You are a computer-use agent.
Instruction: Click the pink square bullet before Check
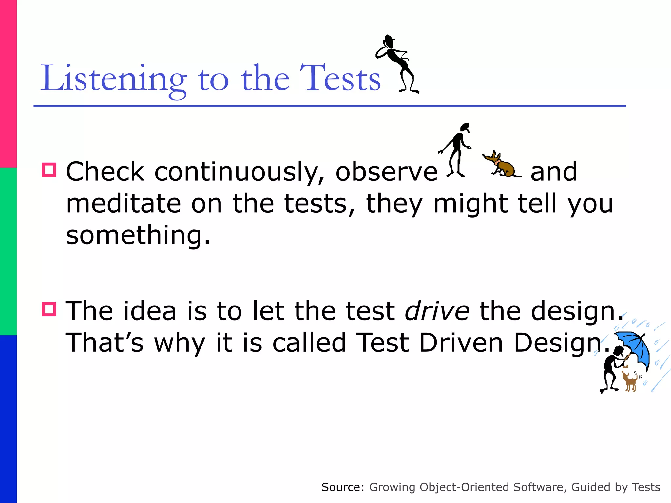[x=49, y=170]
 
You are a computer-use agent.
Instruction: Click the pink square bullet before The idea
[x=49, y=309]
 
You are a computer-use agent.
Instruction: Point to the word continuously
[x=239, y=172]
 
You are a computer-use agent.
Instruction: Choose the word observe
[x=386, y=172]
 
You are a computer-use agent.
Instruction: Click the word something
[x=138, y=235]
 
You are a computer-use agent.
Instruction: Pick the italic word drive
[x=437, y=311]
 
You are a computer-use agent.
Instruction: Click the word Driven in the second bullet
[x=461, y=343]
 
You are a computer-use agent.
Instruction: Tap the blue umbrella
[x=634, y=347]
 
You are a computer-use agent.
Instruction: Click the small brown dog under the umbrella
[x=629, y=382]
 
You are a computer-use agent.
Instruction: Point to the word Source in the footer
[x=343, y=487]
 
